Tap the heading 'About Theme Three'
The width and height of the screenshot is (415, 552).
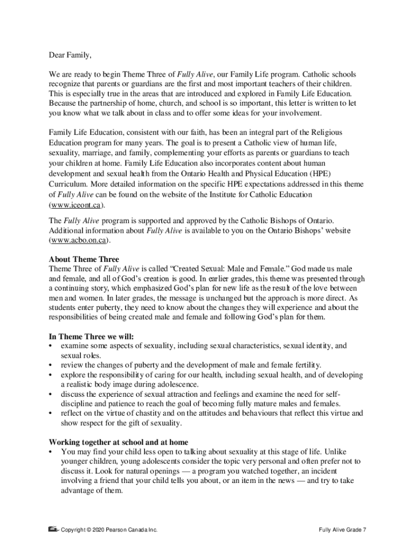(x=84, y=259)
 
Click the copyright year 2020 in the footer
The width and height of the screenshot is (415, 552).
(x=95, y=530)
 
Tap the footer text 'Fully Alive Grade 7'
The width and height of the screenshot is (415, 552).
(x=342, y=530)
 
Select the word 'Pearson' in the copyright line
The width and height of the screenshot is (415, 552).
(x=117, y=530)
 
